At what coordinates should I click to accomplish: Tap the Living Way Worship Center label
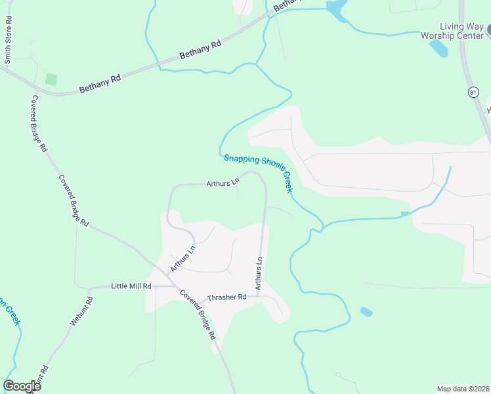coord(452,32)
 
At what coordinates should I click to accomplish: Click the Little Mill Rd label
coord(131,286)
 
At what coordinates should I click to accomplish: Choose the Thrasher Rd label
coord(226,297)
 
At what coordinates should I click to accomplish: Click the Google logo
coord(22,386)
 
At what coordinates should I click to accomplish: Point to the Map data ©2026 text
coord(462,389)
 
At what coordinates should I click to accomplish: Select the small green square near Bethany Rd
coord(51,79)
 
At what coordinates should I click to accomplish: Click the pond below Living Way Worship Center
coord(438,48)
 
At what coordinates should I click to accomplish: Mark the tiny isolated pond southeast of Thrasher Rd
coord(366,312)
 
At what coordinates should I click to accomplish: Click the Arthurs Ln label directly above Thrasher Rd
coord(259,274)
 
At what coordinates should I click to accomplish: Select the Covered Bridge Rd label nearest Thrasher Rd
coord(198,315)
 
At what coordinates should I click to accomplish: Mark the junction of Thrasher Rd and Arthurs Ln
coord(259,295)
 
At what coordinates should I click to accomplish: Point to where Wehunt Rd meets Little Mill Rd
coord(89,288)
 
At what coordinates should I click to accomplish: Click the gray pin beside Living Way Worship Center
coord(488,29)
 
